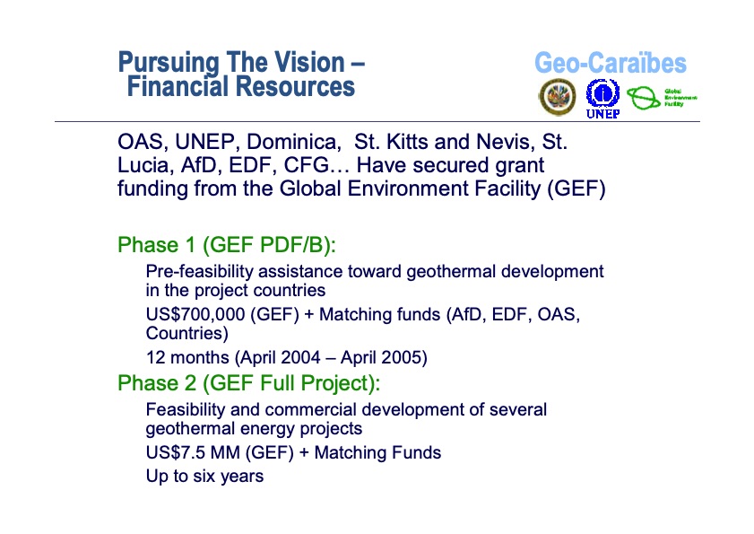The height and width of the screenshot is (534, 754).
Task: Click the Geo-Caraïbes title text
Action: tap(610, 64)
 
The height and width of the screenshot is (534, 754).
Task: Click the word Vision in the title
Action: tap(303, 64)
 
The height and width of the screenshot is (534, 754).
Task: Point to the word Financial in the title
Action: tap(178, 87)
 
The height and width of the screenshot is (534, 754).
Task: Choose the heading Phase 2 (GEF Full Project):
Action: tap(248, 384)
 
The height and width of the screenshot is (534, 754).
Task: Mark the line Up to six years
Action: tap(204, 477)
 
